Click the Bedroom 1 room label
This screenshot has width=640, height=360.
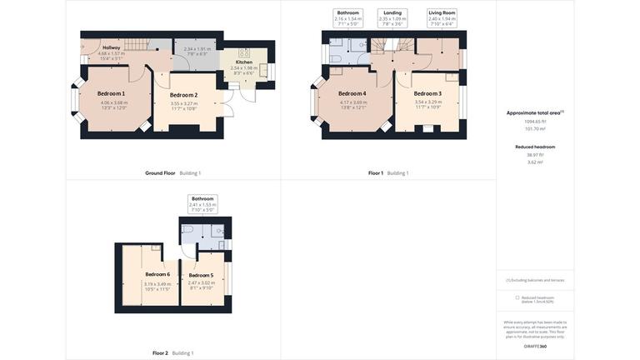(x=112, y=93)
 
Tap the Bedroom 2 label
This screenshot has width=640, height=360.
(x=183, y=95)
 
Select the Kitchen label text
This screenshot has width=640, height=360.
(x=243, y=62)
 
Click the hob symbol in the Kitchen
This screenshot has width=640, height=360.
(x=244, y=52)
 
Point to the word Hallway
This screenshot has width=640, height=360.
(x=111, y=47)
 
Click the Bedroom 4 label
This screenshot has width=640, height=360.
(x=352, y=93)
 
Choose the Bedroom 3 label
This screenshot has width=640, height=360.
(x=427, y=93)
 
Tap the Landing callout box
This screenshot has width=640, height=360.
(x=392, y=17)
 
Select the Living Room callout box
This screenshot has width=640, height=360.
(x=442, y=17)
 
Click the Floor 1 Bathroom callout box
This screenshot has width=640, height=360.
(x=348, y=17)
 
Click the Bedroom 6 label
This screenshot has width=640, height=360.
(x=157, y=274)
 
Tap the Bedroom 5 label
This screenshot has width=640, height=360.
(x=201, y=275)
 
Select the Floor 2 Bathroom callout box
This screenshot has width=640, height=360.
(x=202, y=204)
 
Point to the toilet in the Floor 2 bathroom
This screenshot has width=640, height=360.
(x=189, y=228)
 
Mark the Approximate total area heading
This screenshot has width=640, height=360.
(x=535, y=112)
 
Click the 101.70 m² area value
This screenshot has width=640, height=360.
(x=535, y=128)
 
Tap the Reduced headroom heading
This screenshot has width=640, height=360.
(x=535, y=147)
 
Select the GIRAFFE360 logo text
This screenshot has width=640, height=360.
(x=535, y=346)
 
